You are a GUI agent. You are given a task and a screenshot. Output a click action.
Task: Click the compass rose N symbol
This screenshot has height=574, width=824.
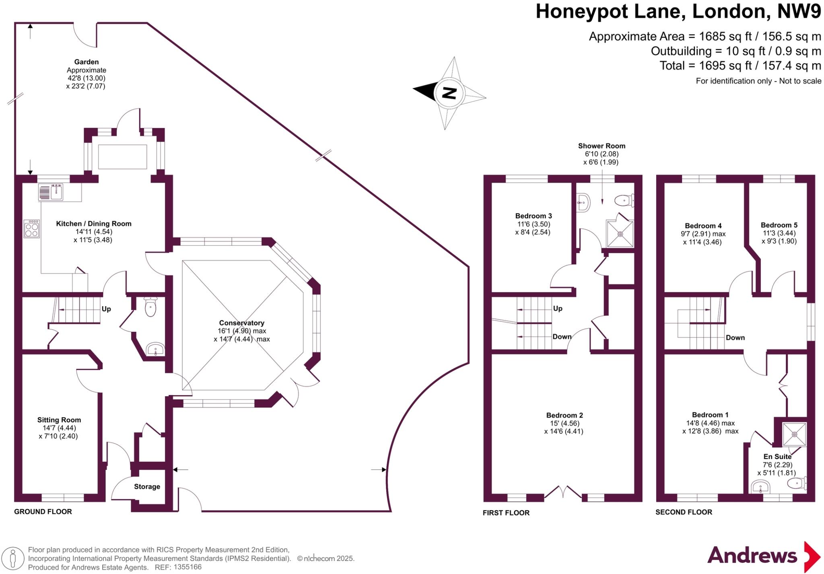point(449,93)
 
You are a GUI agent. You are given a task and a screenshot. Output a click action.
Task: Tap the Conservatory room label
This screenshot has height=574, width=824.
point(241,323)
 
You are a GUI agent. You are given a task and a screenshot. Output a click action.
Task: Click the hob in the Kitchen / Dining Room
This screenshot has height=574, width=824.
point(32,228)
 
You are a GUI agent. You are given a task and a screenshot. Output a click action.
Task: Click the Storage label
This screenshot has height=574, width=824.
point(147,486)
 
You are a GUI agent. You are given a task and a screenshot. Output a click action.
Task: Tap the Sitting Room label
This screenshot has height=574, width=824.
point(59,420)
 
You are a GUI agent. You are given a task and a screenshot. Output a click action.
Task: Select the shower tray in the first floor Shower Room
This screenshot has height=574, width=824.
point(620,234)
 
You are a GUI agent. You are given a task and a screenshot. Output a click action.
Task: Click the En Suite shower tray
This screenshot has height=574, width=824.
point(794,434)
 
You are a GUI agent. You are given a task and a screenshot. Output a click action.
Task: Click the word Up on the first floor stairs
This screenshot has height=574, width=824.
point(558,309)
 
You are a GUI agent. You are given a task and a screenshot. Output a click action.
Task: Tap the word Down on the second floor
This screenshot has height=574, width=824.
point(735,337)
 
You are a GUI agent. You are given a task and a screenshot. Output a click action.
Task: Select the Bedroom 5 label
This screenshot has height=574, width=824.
point(779,225)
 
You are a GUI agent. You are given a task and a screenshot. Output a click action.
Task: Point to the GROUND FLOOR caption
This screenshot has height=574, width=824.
point(43,512)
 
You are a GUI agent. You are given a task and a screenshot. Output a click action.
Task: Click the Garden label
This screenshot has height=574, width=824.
point(86,62)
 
